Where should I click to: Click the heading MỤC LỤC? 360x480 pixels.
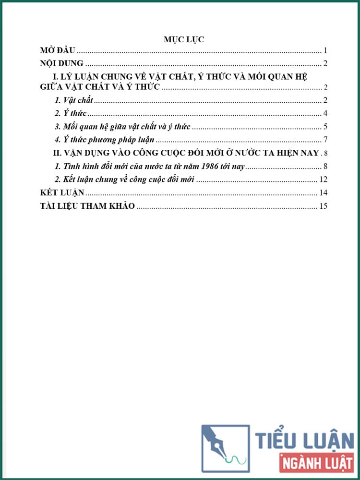(x=183, y=39)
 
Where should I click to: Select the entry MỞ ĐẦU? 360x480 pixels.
(x=58, y=50)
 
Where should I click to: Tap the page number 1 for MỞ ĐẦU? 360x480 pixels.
(x=325, y=50)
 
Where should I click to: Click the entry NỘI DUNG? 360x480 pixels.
(x=61, y=63)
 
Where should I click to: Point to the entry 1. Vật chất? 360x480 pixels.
(x=73, y=100)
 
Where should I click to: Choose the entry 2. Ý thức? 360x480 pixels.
(x=71, y=113)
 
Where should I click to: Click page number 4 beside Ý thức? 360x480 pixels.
(x=325, y=113)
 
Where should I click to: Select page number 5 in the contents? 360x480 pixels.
(x=325, y=127)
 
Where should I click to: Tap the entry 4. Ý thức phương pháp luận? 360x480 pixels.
(x=104, y=140)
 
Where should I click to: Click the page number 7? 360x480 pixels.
(x=325, y=140)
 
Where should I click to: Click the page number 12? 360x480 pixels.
(x=323, y=180)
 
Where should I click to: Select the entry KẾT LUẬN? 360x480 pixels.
(x=61, y=192)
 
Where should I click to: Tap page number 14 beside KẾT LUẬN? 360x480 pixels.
(x=323, y=192)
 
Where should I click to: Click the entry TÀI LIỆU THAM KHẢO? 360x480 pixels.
(x=87, y=206)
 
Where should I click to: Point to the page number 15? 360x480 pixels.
(x=323, y=206)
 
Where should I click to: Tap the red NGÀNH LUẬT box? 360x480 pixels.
(x=314, y=464)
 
